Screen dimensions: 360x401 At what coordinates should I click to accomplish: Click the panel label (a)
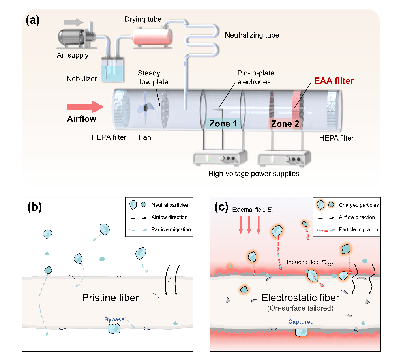click(x=32, y=20)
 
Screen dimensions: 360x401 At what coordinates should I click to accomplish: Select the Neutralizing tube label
click(x=252, y=35)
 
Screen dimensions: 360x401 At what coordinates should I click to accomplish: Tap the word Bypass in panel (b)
click(x=114, y=319)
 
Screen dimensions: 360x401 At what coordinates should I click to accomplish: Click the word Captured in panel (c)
click(x=301, y=322)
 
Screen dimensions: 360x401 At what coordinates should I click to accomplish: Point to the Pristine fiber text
click(x=111, y=298)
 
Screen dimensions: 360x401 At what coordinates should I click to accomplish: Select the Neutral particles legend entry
click(x=170, y=205)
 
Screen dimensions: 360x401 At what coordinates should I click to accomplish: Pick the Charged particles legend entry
click(x=358, y=205)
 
